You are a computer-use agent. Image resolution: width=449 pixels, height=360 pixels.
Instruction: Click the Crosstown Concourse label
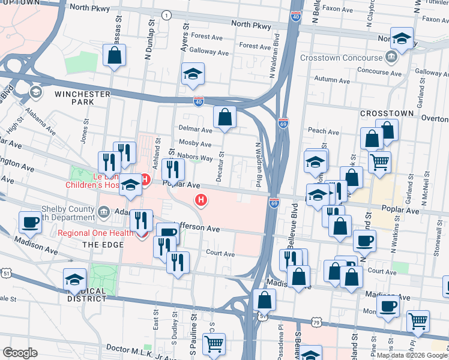(341, 58)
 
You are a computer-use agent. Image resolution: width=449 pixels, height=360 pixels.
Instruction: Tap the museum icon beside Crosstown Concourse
(391, 58)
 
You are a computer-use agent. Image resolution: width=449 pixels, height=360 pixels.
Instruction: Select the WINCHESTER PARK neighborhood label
(82, 98)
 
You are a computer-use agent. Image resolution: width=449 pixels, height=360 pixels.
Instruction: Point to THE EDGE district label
(103, 244)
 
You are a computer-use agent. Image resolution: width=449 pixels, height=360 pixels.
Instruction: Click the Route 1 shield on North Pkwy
(166, 14)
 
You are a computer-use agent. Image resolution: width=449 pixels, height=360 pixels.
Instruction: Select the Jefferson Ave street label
(199, 229)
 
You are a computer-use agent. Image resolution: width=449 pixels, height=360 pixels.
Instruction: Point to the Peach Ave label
(324, 131)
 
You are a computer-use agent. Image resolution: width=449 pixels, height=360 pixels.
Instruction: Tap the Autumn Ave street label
(331, 80)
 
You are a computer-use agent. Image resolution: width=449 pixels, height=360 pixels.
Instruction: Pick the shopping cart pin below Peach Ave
(379, 162)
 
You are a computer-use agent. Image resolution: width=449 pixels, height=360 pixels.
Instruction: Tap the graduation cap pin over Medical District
(74, 279)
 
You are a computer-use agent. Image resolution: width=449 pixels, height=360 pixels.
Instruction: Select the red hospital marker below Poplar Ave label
(201, 200)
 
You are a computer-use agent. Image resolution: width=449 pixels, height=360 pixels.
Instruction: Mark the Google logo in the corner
(20, 353)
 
